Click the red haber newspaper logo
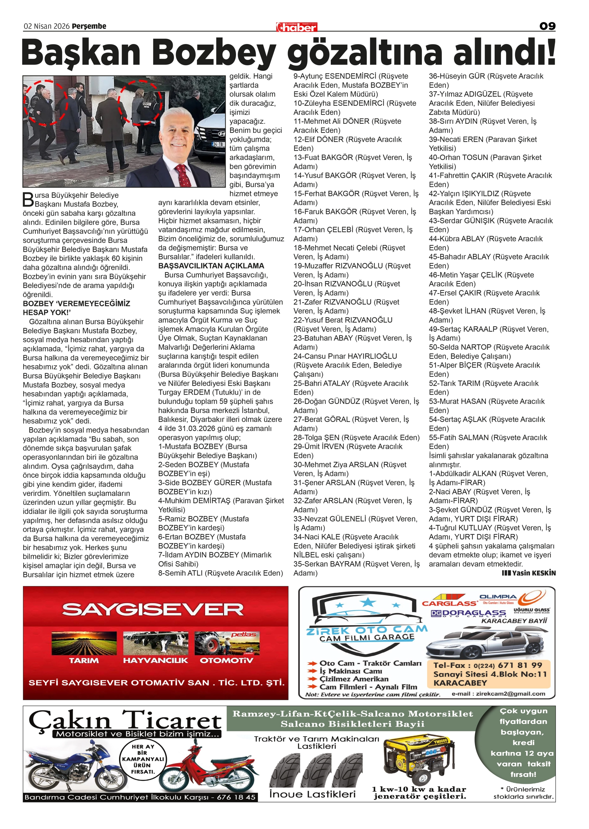click(x=296, y=27)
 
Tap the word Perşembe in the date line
click(x=89, y=26)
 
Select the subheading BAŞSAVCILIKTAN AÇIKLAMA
click(x=211, y=266)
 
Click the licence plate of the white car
click(x=218, y=145)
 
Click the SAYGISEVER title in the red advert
click(x=153, y=609)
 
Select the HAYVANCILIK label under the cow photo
click(x=156, y=660)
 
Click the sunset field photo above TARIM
click(x=84, y=643)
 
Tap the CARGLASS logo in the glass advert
click(x=449, y=603)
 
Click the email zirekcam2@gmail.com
click(x=510, y=694)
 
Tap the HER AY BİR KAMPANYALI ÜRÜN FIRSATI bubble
click(x=143, y=759)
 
